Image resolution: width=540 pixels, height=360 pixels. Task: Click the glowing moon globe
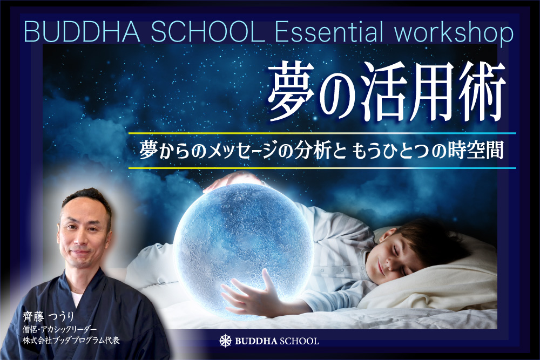[x=243, y=252]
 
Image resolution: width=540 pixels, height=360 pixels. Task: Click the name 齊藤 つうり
[x=49, y=316]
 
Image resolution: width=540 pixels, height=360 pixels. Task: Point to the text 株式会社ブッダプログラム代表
[x=71, y=341]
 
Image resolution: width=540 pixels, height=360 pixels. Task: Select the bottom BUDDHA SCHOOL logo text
[x=276, y=341]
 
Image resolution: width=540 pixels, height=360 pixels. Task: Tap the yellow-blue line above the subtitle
[x=322, y=133]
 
